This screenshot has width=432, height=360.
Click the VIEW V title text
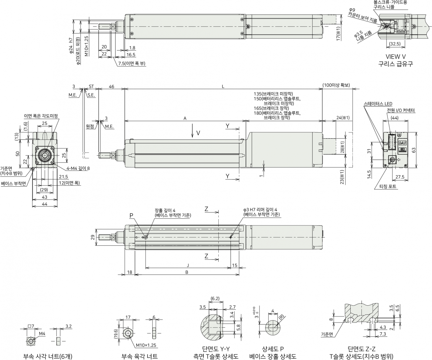(396, 56)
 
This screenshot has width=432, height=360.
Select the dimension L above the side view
(223, 86)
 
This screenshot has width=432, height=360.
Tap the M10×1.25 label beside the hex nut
(146, 345)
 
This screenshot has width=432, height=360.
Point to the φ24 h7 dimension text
(71, 46)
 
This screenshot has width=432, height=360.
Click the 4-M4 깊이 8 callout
(78, 168)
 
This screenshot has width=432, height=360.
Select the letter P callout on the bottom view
(131, 216)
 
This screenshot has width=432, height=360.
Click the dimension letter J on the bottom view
(188, 265)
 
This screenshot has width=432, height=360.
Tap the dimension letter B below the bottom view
(187, 272)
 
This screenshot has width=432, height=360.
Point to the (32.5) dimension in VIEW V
(395, 44)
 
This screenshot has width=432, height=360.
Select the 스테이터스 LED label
(378, 104)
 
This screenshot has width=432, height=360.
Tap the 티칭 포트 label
(388, 186)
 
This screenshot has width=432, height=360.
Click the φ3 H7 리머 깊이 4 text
(260, 210)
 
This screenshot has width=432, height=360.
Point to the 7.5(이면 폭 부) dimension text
(132, 63)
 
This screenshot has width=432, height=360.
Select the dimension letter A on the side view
(185, 118)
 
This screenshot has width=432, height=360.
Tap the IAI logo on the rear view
(403, 143)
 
